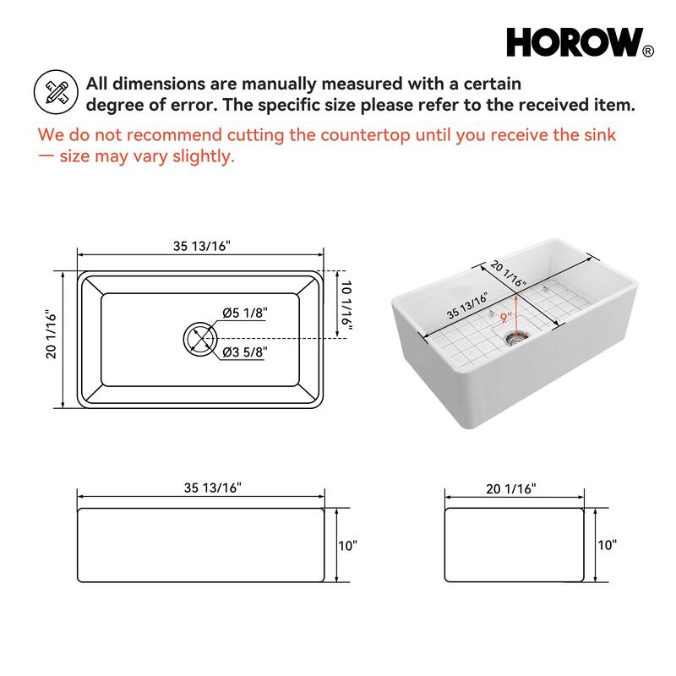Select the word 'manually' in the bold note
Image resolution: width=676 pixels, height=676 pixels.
[257, 84]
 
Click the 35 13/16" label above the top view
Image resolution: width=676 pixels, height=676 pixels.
[202, 247]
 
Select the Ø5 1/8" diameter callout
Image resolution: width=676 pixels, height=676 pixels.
[245, 313]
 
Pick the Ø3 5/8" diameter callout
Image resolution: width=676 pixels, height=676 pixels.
[245, 352]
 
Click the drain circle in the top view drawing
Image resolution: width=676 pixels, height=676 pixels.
[200, 339]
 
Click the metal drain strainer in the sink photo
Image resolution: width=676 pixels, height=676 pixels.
[515, 337]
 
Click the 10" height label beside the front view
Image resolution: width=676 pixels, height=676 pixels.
[347, 545]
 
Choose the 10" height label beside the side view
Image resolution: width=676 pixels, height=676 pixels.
[607, 545]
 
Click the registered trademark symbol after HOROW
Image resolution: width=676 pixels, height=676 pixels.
[648, 52]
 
